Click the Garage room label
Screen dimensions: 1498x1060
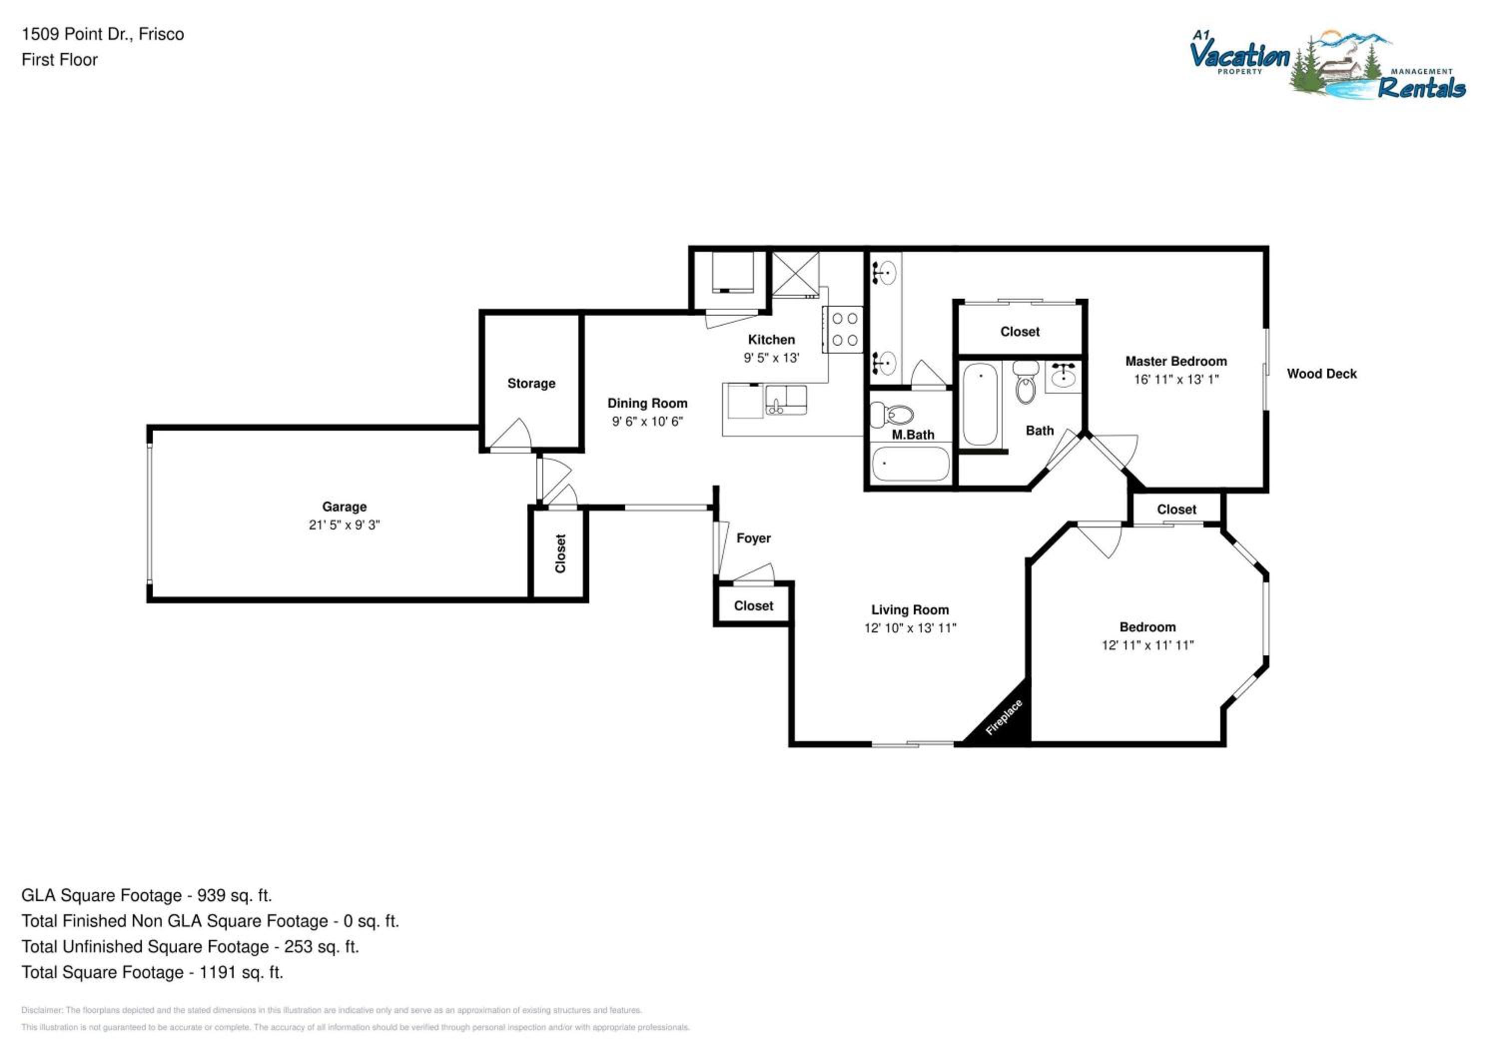coord(344,507)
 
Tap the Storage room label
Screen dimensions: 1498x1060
coord(531,383)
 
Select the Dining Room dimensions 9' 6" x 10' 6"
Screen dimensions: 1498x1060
coord(647,422)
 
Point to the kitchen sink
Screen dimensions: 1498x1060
coord(785,400)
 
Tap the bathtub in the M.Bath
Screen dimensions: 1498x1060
coord(911,464)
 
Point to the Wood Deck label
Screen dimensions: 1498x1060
coord(1321,374)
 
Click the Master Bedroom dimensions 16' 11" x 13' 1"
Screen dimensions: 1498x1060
coord(1176,379)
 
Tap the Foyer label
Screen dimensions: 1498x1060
coord(753,538)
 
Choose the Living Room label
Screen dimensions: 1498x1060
coord(910,609)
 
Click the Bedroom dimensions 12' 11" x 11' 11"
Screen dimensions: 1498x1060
coord(1147,645)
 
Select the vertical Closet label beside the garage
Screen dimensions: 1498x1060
coord(560,553)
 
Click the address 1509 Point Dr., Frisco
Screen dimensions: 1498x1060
coord(103,34)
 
